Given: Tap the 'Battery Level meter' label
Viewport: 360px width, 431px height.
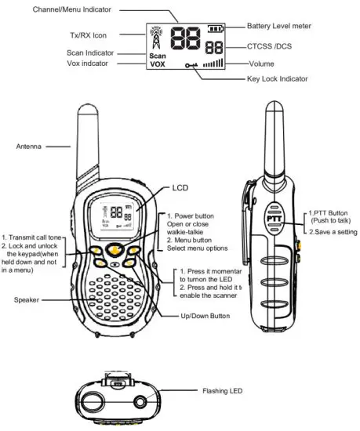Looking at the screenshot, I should (279, 26).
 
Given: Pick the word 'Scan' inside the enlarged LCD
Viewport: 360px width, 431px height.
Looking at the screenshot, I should (157, 56).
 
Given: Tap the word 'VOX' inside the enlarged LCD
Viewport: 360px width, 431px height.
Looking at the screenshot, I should (157, 65).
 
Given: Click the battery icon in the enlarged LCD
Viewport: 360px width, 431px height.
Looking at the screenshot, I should (215, 29).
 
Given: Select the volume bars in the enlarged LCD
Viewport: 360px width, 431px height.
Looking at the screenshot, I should (213, 63).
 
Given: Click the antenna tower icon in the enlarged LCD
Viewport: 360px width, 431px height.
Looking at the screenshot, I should (155, 37).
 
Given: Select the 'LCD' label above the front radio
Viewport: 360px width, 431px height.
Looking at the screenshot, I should (180, 188).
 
